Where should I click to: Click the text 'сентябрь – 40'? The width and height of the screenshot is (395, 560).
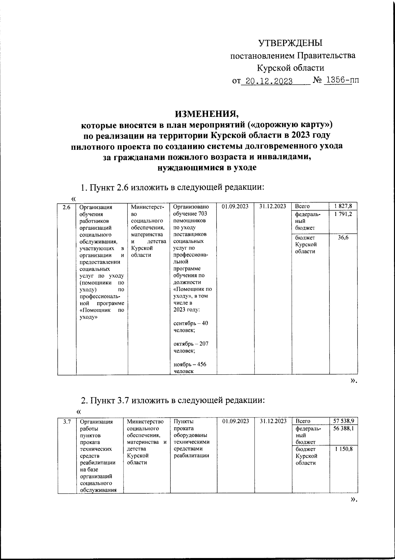pyautogui.click(x=191, y=323)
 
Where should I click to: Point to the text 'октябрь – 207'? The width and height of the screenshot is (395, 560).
pyautogui.click(x=191, y=344)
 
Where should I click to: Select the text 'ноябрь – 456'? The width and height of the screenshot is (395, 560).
pyautogui.click(x=190, y=365)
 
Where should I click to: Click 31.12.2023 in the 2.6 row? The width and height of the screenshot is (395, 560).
pyautogui.click(x=273, y=206)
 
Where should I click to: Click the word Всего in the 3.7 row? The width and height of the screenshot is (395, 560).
pyautogui.click(x=303, y=421)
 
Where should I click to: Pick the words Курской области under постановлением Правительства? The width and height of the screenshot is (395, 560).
pyautogui.click(x=290, y=68)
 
